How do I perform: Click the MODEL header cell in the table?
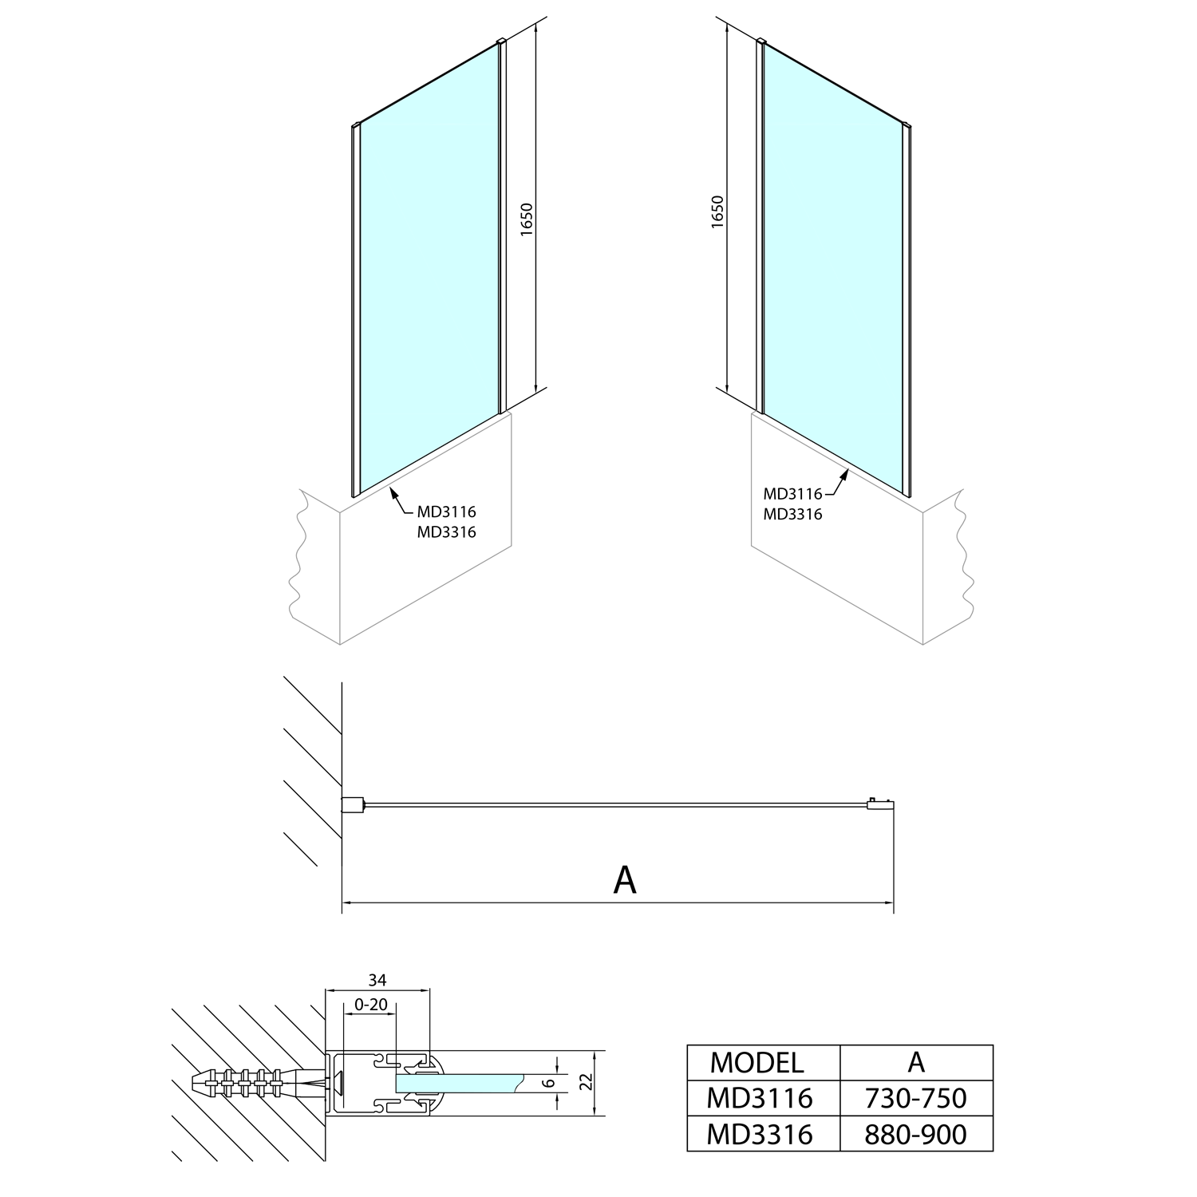pyautogui.click(x=757, y=1062)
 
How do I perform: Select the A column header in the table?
pyautogui.click(x=916, y=1062)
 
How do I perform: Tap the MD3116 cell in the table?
pyautogui.click(x=760, y=1099)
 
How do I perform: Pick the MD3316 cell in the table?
pyautogui.click(x=760, y=1134)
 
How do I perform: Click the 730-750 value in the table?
pyautogui.click(x=916, y=1099)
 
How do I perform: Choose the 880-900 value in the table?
pyautogui.click(x=916, y=1134)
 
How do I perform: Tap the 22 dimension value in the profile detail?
pyautogui.click(x=587, y=1082)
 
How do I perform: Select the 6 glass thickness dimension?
pyautogui.click(x=547, y=1082)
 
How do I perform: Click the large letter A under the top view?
pyautogui.click(x=625, y=879)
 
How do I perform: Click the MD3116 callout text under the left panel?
pyautogui.click(x=446, y=512)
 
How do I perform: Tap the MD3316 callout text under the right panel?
pyautogui.click(x=792, y=515)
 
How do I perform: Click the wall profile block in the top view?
pyautogui.click(x=353, y=804)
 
